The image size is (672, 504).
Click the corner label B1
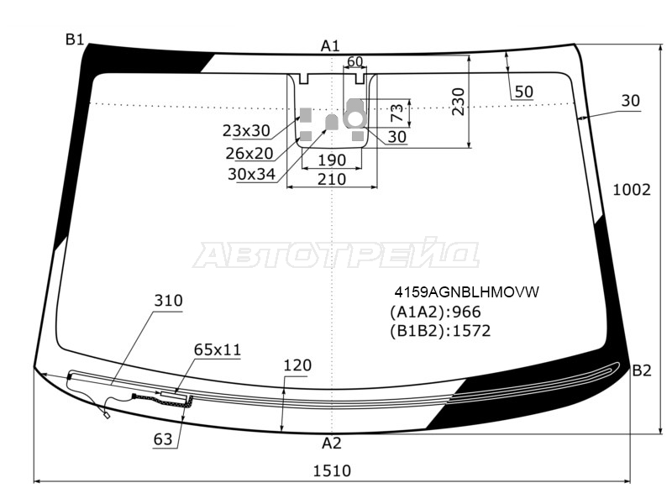tap(74, 39)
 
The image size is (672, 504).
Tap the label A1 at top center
tap(330, 45)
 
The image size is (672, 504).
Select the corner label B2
tap(642, 370)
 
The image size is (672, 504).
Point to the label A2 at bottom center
tap(331, 444)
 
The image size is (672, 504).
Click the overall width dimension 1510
tap(332, 471)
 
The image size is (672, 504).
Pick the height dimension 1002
tap(632, 190)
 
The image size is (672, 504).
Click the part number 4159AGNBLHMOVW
tap(466, 291)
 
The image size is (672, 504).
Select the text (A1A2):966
tap(435, 312)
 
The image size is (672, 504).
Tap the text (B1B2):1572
tap(439, 331)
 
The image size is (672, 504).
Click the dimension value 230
tap(458, 102)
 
